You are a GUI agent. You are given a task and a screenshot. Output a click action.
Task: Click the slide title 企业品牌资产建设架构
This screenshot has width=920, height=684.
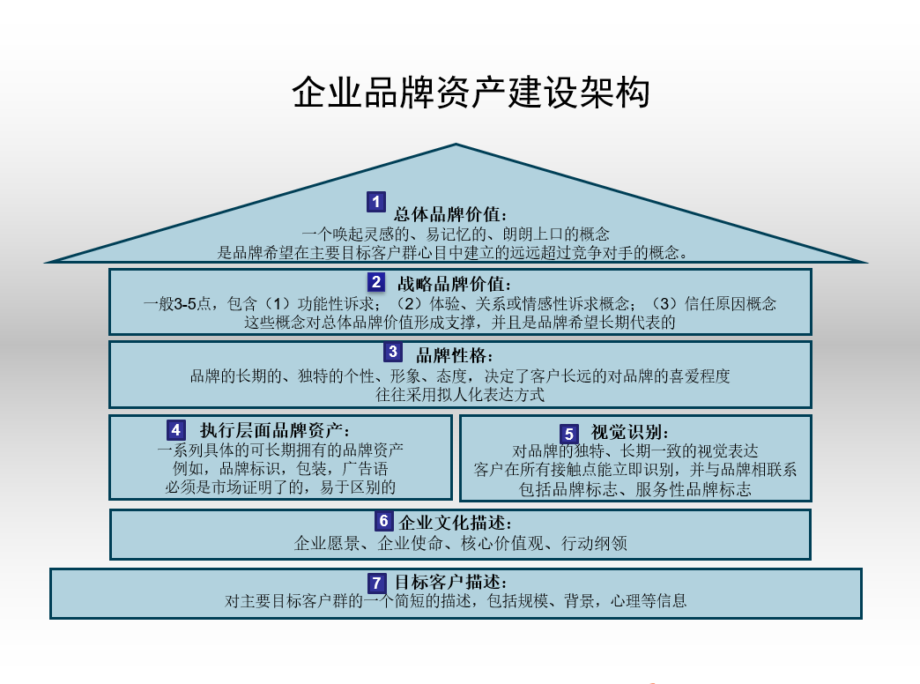coord(471,93)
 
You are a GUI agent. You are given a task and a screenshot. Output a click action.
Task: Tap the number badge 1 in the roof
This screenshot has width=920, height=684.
coord(376,202)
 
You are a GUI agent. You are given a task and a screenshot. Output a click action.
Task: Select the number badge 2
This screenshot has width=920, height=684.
coord(376,282)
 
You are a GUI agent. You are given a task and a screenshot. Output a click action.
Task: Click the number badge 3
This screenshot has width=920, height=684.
coord(392,352)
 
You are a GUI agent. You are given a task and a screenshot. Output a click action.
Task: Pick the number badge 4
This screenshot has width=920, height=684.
coord(176,430)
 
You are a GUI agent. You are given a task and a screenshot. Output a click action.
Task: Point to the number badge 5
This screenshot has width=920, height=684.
coord(568,435)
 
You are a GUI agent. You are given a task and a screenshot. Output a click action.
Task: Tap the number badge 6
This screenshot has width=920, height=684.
coord(383,521)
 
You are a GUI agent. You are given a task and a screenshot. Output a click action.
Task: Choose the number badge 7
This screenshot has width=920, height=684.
coord(376,583)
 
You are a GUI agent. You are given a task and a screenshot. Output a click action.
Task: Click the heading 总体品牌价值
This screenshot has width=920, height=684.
coord(450,214)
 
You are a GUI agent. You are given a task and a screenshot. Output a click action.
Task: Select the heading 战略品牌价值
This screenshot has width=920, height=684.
coord(454,284)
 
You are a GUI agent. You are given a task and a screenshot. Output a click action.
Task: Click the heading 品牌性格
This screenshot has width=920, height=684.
coord(455,355)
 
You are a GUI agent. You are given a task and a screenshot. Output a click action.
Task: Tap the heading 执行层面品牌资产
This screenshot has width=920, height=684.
coord(275,430)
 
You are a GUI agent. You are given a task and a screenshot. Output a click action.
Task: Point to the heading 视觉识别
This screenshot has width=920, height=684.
coord(629,432)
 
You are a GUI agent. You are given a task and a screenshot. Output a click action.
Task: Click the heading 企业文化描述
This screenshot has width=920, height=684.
coord(456,523)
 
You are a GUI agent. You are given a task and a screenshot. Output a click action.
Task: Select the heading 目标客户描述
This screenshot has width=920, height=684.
coord(450,582)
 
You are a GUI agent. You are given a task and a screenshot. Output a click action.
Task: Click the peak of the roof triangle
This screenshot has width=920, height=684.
coord(456,144)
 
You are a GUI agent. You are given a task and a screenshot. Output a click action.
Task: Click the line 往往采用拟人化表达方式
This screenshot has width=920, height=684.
coord(460,395)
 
